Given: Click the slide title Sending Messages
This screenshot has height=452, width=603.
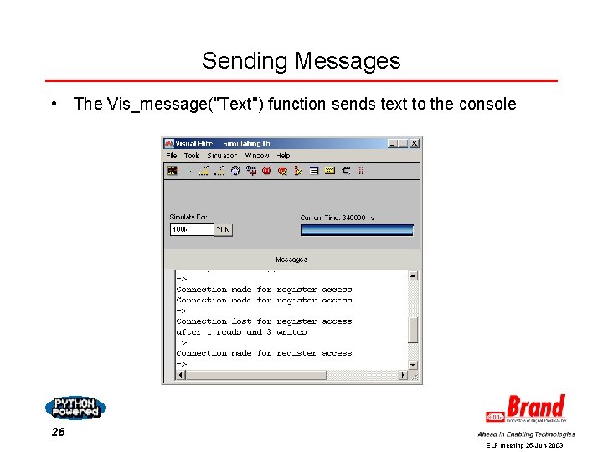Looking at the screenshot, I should (301, 61).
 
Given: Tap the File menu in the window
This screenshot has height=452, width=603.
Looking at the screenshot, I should (171, 156).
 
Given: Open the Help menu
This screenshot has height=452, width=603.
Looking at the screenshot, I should (283, 156).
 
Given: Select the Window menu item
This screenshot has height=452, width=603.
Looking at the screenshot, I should (257, 156).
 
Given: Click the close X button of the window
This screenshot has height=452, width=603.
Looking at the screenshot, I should (414, 144).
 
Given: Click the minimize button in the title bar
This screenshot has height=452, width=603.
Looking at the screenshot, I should (392, 144).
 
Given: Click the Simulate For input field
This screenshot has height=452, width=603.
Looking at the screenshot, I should (191, 229).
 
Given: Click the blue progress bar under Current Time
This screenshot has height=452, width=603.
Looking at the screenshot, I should (357, 229).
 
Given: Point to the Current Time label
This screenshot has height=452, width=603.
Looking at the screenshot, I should (332, 218).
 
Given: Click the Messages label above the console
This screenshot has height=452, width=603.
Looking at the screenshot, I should (291, 259).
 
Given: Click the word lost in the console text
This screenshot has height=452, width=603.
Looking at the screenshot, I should (241, 321).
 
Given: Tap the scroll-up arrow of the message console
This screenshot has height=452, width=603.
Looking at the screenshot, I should (413, 275).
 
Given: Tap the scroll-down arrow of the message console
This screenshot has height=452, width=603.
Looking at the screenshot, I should (413, 364).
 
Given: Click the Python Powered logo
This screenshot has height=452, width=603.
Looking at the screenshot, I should (75, 408).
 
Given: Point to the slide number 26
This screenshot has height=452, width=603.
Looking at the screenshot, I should (57, 433).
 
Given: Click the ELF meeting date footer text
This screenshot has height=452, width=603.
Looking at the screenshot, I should (525, 446).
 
